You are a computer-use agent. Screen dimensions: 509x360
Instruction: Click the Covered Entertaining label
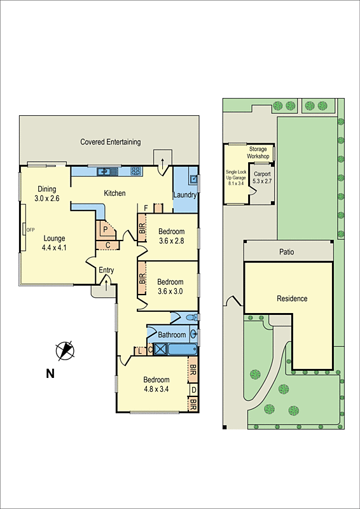(x=111, y=142)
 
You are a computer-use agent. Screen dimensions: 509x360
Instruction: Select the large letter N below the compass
(x=50, y=373)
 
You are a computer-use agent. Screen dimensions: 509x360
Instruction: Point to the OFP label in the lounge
(x=30, y=230)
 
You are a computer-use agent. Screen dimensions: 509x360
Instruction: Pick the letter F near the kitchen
(x=146, y=208)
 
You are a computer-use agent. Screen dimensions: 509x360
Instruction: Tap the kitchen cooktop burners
(x=135, y=171)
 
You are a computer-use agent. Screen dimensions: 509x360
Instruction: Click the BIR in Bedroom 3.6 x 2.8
(x=142, y=228)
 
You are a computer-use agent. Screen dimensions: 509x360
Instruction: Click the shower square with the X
(x=160, y=349)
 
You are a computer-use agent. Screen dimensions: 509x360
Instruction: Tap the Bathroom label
(x=172, y=335)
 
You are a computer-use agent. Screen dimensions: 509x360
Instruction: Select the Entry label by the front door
(x=106, y=270)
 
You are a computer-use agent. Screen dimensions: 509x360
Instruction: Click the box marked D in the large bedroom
(x=193, y=389)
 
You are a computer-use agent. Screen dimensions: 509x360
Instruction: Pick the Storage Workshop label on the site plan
(x=258, y=153)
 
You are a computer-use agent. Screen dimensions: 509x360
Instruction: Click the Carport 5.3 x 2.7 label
(x=262, y=177)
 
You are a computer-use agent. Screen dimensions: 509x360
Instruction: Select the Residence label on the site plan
(x=292, y=298)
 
